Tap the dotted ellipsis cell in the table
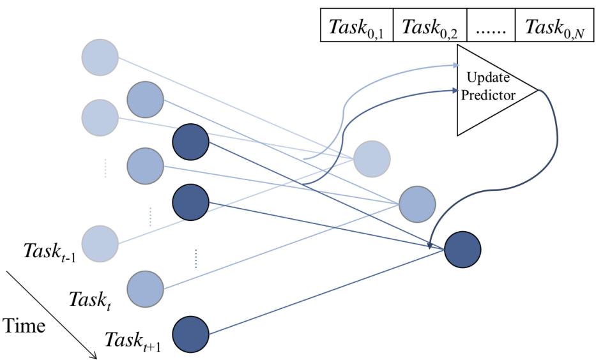490,27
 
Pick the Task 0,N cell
554,27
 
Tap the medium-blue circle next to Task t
146,289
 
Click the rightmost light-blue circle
371,158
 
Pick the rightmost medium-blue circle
416,204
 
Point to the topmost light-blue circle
100,57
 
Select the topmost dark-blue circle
190,142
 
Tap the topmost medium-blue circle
145,99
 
